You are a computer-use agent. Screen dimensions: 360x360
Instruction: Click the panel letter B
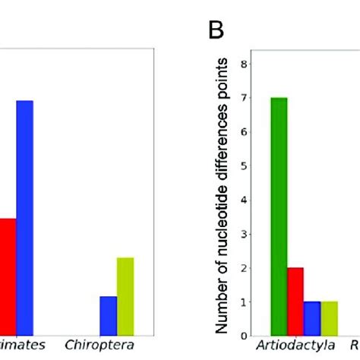click(x=219, y=32)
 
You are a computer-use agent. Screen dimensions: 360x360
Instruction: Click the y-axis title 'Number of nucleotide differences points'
click(x=223, y=195)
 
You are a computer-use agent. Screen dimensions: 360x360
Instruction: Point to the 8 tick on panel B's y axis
click(x=243, y=64)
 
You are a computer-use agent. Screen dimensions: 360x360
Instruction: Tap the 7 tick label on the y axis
click(x=243, y=98)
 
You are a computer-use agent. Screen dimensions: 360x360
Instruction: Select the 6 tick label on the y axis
click(x=243, y=132)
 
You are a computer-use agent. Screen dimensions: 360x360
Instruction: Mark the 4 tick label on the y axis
click(x=243, y=201)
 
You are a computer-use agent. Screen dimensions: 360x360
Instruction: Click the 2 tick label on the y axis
click(x=243, y=268)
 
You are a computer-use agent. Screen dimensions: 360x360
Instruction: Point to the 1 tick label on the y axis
click(x=243, y=302)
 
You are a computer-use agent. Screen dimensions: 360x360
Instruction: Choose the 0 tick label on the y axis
click(x=243, y=336)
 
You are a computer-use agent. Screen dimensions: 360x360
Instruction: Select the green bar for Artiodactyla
click(x=278, y=216)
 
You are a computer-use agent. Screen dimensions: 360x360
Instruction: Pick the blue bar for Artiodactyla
click(x=312, y=318)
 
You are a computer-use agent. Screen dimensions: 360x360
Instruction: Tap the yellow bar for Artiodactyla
click(x=329, y=318)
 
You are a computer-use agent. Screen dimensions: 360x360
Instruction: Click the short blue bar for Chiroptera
click(x=109, y=315)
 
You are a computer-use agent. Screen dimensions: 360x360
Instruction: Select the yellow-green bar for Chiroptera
click(x=125, y=296)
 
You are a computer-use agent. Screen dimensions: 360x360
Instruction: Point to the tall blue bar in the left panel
click(x=25, y=217)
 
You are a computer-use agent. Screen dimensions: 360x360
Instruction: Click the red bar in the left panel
click(x=8, y=276)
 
